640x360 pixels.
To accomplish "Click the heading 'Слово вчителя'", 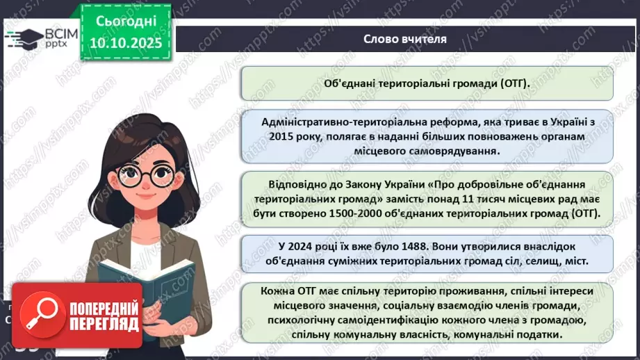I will pyautogui.click(x=404, y=39).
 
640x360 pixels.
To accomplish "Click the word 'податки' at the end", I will pyautogui.click(x=559, y=335).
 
